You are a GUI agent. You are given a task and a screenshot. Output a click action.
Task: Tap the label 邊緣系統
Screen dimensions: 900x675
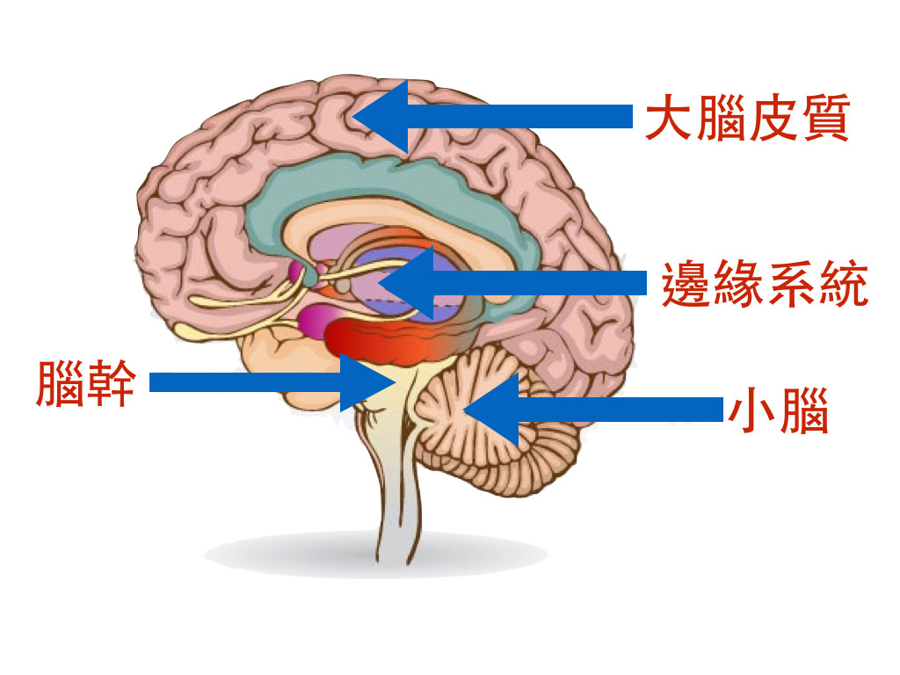click(765, 284)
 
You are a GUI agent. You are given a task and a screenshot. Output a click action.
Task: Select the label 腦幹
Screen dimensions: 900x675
click(85, 383)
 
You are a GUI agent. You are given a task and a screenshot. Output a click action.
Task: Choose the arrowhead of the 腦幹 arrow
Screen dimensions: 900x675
click(369, 382)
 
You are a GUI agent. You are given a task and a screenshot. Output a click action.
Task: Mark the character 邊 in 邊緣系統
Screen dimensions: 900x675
click(686, 284)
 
